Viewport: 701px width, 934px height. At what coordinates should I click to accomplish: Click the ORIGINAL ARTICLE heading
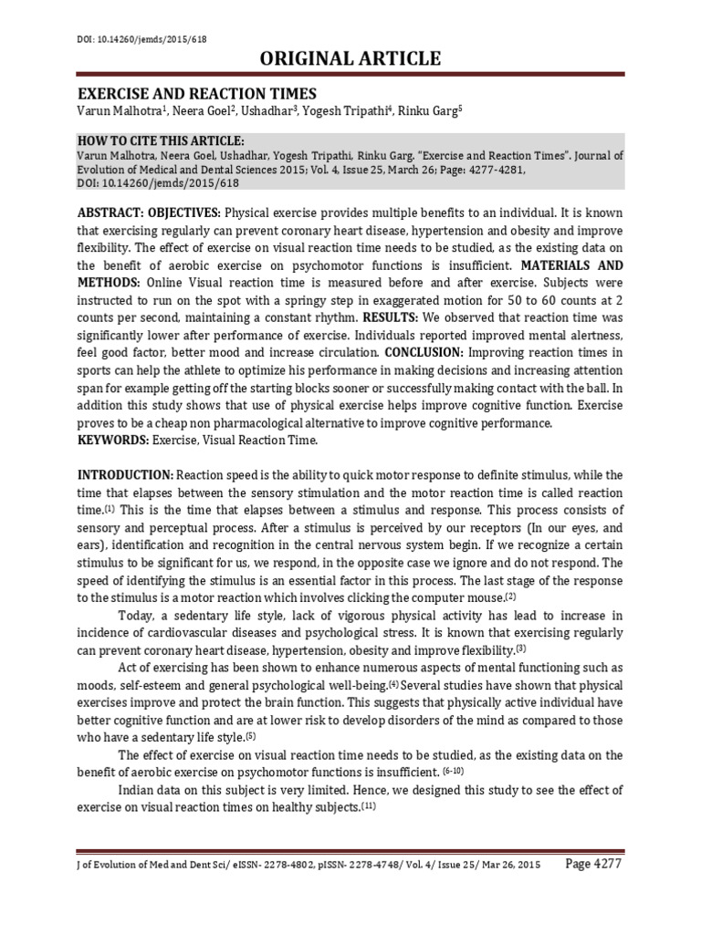click(x=351, y=58)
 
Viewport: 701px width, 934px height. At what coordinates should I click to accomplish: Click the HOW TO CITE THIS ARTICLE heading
click(x=160, y=140)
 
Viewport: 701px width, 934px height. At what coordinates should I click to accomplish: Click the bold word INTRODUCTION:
click(x=125, y=476)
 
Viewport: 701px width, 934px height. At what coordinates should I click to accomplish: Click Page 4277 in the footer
click(x=592, y=865)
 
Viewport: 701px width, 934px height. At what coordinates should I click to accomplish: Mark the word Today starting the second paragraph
click(x=138, y=615)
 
